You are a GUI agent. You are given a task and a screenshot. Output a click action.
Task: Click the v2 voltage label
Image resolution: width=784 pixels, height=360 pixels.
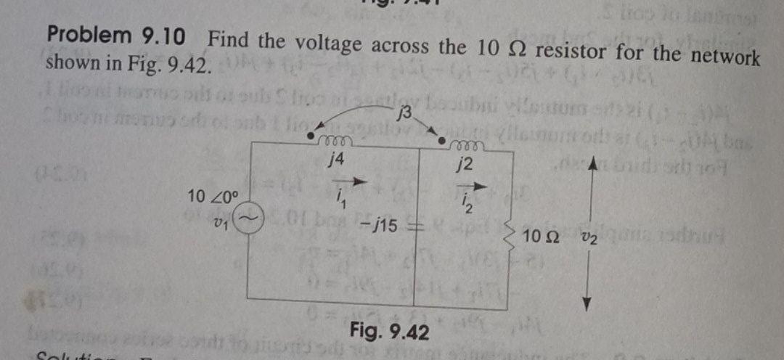tap(587, 237)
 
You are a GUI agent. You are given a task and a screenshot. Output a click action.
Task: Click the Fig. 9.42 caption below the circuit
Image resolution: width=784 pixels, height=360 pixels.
tap(389, 332)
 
